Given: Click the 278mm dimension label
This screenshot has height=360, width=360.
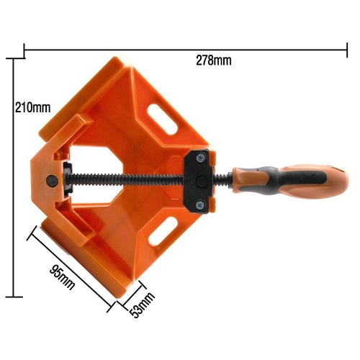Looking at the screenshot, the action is click(x=214, y=60).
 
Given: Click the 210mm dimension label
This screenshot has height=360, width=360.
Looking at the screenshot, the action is click(x=33, y=107).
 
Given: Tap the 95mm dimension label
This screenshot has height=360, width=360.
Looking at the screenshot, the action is click(x=63, y=277).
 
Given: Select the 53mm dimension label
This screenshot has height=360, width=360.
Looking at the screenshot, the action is click(x=142, y=305).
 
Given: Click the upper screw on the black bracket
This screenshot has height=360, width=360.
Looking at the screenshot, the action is click(x=201, y=158).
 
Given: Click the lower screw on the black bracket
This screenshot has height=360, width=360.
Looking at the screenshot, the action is click(x=200, y=205).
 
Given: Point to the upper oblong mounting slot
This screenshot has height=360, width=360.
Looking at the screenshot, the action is click(x=162, y=118).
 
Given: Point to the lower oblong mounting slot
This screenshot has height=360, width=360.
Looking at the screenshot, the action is click(x=163, y=231).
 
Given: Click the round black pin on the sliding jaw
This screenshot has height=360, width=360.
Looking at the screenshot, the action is click(x=52, y=181).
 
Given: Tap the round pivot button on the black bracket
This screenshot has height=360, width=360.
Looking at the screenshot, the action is click(x=202, y=181).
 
